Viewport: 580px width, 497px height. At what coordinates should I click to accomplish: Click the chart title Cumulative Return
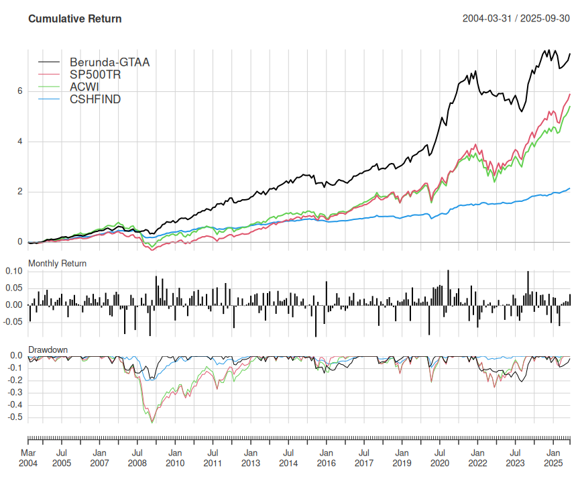[x=75, y=19]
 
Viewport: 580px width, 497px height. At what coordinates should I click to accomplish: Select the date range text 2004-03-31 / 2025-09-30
[x=516, y=19]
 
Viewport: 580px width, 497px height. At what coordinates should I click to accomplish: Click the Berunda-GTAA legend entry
[x=109, y=62]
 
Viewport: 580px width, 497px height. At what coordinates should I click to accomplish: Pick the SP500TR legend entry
[x=95, y=74]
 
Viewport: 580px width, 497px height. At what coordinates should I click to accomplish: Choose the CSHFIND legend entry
[x=95, y=99]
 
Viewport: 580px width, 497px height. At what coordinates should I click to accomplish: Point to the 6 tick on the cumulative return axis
[x=21, y=91]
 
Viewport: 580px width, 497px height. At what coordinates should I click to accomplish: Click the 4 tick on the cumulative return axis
[x=21, y=142]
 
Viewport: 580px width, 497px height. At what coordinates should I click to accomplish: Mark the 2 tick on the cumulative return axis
[x=21, y=192]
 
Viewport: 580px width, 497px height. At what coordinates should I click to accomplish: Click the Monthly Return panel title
[x=57, y=264]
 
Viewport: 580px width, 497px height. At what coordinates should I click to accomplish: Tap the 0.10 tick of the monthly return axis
[x=15, y=272]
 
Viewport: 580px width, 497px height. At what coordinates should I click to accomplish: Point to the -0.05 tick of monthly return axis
[x=13, y=322]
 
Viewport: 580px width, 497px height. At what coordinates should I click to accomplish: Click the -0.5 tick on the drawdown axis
[x=15, y=417]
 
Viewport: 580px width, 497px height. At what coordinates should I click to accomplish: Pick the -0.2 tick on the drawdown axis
[x=15, y=380]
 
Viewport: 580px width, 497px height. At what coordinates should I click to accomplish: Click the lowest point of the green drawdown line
[x=152, y=422]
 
